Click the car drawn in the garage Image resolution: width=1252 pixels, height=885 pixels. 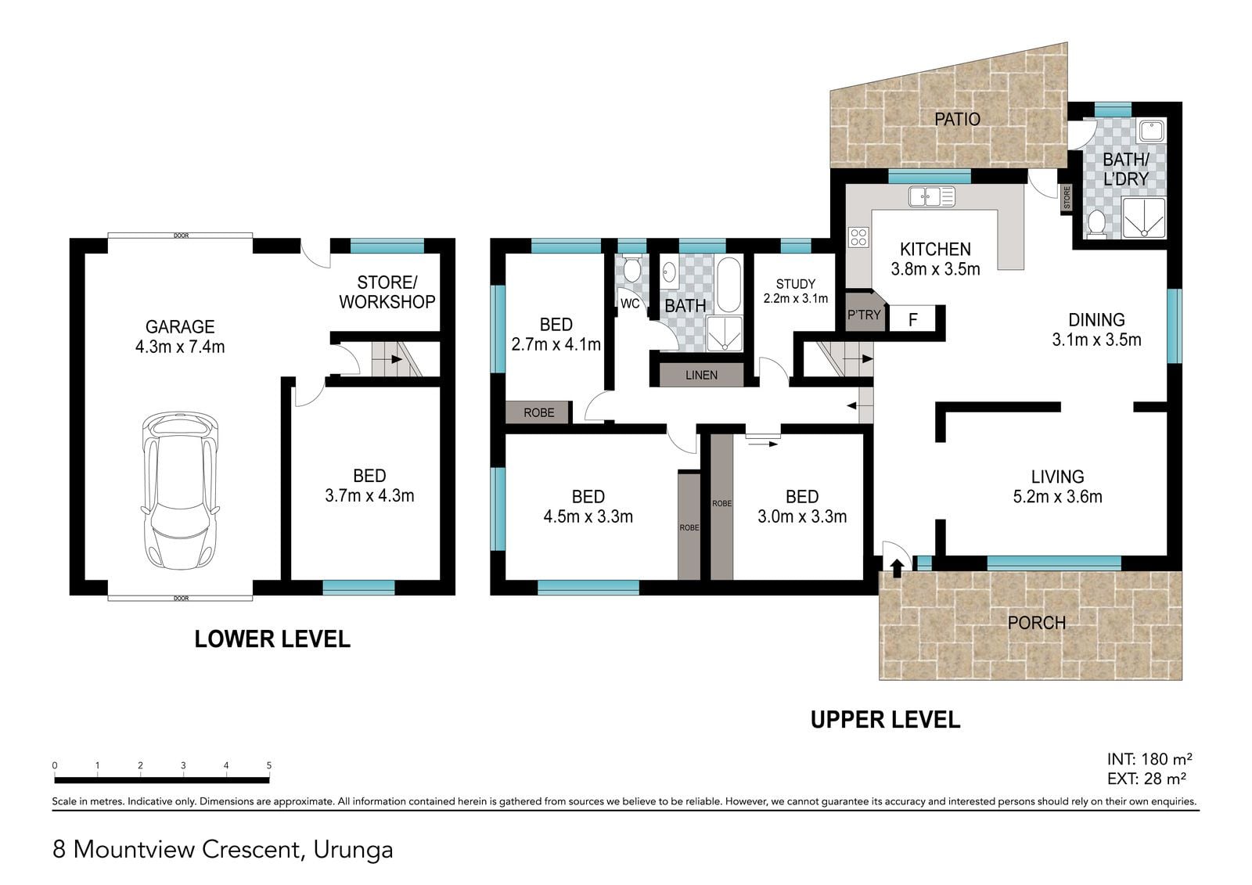tap(180, 491)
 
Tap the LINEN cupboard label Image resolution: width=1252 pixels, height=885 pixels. tap(701, 375)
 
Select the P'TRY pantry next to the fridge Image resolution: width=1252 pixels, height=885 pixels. tap(864, 315)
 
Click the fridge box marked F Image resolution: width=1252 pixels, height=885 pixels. tap(912, 319)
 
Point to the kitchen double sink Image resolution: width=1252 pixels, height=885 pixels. tap(932, 196)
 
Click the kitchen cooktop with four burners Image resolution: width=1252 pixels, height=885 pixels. tap(858, 237)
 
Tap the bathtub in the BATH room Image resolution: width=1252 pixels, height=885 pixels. tap(729, 285)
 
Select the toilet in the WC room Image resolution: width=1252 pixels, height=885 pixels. tap(631, 269)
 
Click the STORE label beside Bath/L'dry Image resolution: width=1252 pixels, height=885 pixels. tap(1067, 198)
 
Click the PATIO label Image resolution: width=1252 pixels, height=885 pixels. tap(958, 119)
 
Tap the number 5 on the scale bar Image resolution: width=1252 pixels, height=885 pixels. tap(269, 765)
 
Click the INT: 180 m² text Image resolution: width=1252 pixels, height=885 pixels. tap(1149, 759)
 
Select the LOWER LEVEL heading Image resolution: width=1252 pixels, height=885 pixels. tap(272, 639)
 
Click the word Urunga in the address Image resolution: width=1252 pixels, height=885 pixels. tap(353, 850)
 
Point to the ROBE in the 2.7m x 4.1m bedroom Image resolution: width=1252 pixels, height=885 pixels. tap(539, 412)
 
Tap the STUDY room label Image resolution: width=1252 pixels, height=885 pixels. tap(795, 284)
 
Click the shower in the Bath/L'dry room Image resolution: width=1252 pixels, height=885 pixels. tap(1143, 218)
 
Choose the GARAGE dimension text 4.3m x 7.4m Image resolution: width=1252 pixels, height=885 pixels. tap(180, 347)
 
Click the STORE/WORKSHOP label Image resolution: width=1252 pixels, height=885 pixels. tap(387, 292)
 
